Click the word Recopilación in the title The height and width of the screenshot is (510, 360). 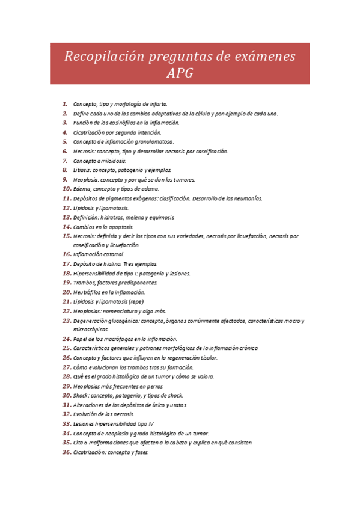(99, 57)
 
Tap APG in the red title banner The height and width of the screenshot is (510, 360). (180, 73)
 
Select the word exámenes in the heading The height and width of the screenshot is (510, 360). (263, 57)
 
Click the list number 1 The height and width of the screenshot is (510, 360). (64, 104)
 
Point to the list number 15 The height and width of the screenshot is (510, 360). (67, 236)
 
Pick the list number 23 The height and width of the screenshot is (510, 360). (67, 321)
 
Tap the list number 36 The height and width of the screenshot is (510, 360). (67, 452)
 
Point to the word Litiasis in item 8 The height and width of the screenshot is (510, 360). (83, 170)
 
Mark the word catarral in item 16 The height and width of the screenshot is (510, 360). (114, 255)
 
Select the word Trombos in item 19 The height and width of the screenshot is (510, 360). (84, 283)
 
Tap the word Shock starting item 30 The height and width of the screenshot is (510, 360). (81, 396)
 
